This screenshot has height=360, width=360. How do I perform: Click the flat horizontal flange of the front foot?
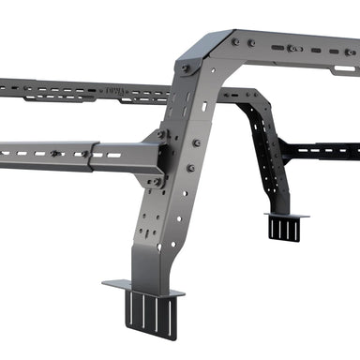141,287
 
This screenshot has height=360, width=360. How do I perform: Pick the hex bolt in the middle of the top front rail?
293,48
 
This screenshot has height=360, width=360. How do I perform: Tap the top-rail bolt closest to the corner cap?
234,42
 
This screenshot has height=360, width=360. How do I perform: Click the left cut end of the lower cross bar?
3,150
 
